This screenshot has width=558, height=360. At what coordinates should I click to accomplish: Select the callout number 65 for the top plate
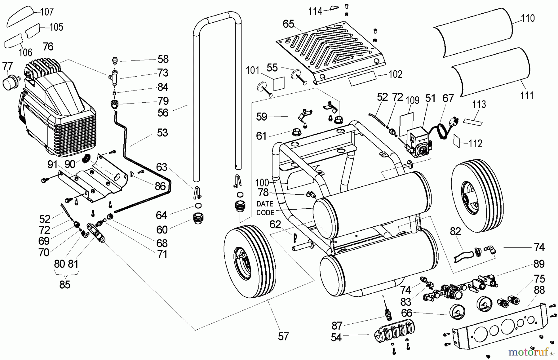coord(288,24)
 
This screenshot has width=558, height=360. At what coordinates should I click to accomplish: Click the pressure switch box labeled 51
coord(418,141)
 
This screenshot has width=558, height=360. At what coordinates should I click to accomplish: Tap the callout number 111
coord(527,95)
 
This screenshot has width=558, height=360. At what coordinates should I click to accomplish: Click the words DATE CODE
coord(265,208)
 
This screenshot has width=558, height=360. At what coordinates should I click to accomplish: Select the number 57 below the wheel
coord(283,336)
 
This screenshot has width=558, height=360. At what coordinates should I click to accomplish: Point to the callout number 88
coord(539,291)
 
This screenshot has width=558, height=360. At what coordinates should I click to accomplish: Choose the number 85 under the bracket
coord(65,284)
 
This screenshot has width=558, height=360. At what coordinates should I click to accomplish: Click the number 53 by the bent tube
coord(162,132)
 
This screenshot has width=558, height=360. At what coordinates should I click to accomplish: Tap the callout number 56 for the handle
coord(163,113)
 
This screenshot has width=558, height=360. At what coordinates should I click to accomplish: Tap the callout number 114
coord(315,11)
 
